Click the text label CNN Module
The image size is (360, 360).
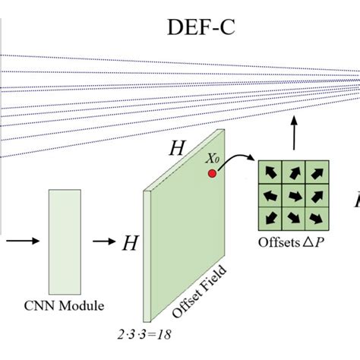pyautogui.click(x=64, y=306)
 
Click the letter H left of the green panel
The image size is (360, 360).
pyautogui.click(x=130, y=243)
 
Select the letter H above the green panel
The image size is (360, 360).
pyautogui.click(x=176, y=149)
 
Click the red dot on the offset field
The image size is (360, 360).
pyautogui.click(x=213, y=175)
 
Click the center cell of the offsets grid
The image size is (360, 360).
pyautogui.click(x=292, y=195)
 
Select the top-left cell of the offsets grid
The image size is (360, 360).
pyautogui.click(x=270, y=172)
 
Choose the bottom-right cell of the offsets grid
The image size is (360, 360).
pyautogui.click(x=315, y=218)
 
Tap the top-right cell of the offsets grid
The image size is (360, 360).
pyautogui.click(x=315, y=172)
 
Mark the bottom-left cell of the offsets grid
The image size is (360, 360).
pyautogui.click(x=270, y=218)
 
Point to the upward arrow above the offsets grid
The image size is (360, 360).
pyautogui.click(x=293, y=137)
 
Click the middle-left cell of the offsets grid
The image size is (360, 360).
pyautogui.click(x=270, y=195)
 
